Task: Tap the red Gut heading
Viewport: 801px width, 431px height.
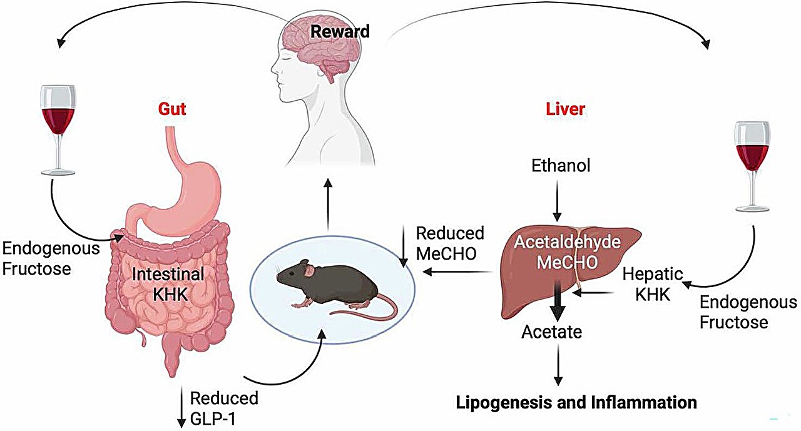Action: pyautogui.click(x=172, y=109)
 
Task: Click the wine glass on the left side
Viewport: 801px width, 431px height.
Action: pyautogui.click(x=57, y=125)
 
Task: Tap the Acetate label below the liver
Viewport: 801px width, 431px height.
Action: pyautogui.click(x=551, y=332)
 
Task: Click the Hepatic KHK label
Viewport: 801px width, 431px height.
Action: pyautogui.click(x=652, y=284)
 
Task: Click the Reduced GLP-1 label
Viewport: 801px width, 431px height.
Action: pyautogui.click(x=223, y=407)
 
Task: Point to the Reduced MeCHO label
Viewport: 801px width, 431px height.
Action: pyautogui.click(x=450, y=243)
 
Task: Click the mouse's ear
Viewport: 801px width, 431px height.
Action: pyautogui.click(x=309, y=270)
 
